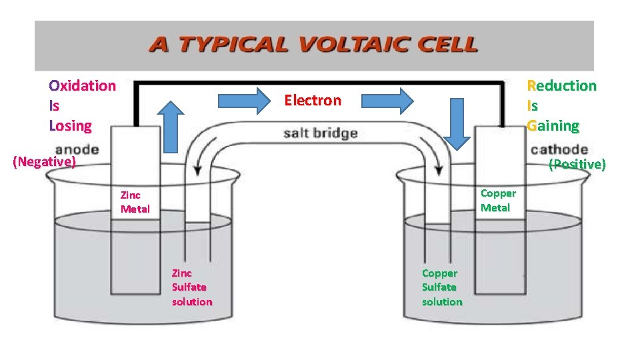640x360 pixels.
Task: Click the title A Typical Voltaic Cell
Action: point(313,45)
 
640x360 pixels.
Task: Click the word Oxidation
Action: point(82,85)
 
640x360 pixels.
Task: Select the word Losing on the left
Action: point(70,125)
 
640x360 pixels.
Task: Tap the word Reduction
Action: point(561,85)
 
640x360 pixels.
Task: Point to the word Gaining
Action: point(553,125)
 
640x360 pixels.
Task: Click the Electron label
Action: point(313,101)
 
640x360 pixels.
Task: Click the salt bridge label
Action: point(320,133)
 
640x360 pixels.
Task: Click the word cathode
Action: point(559,149)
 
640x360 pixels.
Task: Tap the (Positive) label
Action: point(577,164)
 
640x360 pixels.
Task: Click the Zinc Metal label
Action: point(135,202)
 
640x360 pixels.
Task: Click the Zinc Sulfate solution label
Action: point(192,287)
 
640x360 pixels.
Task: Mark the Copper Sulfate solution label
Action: point(441,287)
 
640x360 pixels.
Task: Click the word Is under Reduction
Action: point(532,105)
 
